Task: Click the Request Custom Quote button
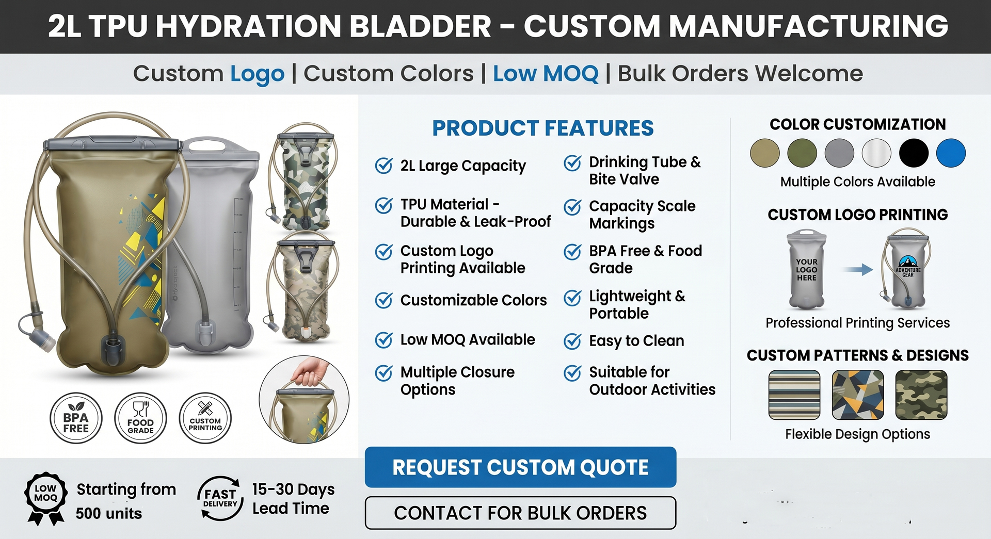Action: click(520, 467)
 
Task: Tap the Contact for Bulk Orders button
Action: click(520, 513)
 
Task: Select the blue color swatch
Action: click(950, 153)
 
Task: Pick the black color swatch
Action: click(913, 153)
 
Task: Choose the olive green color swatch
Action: click(802, 153)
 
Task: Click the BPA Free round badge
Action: click(76, 418)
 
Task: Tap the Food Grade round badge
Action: click(140, 418)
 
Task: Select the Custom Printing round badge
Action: click(205, 418)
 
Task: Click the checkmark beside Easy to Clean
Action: click(572, 341)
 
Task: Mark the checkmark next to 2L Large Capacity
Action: click(383, 166)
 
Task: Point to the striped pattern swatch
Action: click(794, 395)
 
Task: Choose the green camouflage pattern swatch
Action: click(921, 395)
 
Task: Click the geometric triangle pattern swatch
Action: click(857, 395)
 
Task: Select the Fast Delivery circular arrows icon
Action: click(220, 498)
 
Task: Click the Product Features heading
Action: click(542, 128)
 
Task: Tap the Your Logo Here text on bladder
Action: click(806, 270)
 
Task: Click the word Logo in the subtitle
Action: click(257, 74)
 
